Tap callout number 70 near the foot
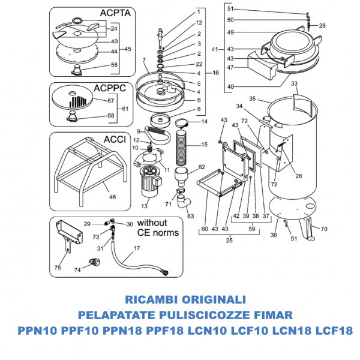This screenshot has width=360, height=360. [323, 229]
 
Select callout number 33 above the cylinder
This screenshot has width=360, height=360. [293, 85]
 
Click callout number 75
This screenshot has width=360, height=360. [58, 268]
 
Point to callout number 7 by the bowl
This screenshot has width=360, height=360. [145, 60]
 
